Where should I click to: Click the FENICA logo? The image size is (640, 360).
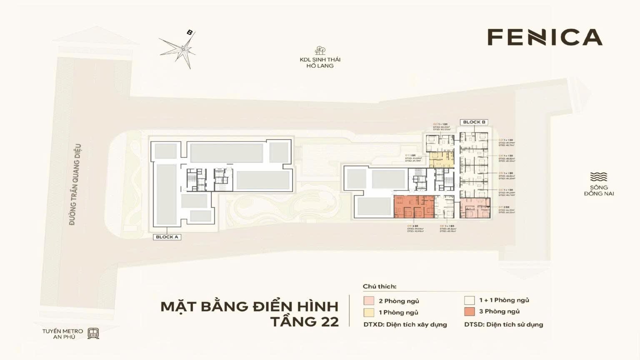click(545, 37)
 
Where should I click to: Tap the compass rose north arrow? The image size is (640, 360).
click(190, 33)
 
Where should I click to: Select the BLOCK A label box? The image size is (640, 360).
click(167, 237)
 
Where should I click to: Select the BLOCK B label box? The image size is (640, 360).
click(474, 122)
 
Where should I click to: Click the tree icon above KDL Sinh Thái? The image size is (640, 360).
click(320, 50)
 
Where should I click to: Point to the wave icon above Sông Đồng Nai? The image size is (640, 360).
click(599, 177)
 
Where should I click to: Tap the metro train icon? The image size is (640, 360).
click(93, 333)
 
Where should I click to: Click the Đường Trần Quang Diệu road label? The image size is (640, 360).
click(75, 185)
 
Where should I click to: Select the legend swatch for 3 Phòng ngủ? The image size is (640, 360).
click(470, 311)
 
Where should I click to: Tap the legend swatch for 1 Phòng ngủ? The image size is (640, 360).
click(369, 312)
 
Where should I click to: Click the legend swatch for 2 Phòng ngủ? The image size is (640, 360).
click(369, 301)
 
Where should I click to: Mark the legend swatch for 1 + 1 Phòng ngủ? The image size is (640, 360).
click(470, 300)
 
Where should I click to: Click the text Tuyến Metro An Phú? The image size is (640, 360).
click(62, 334)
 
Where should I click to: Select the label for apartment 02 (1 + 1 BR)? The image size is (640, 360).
click(441, 127)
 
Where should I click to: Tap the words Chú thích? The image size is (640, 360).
click(380, 286)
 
